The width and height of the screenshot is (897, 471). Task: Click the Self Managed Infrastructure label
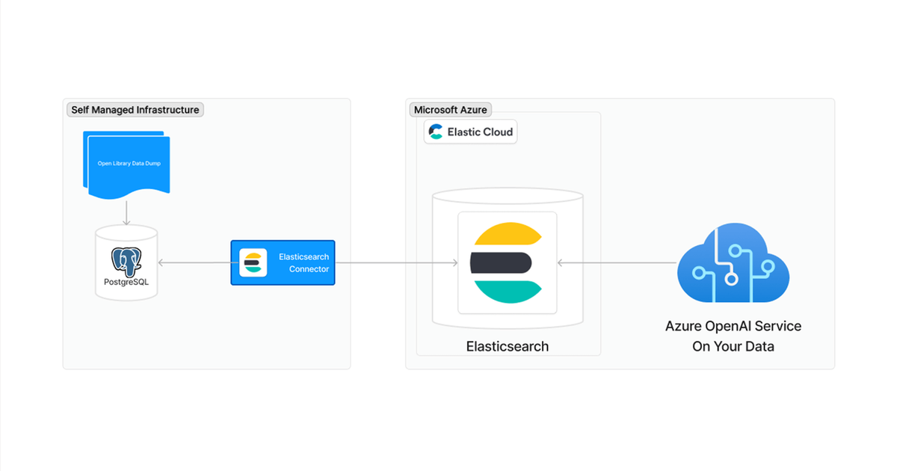point(135,110)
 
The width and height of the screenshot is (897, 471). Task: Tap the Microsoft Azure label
point(451,110)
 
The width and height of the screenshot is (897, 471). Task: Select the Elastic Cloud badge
point(470,132)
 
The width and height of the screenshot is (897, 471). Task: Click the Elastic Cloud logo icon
point(436,132)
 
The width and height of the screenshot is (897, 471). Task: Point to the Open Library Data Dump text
point(129,164)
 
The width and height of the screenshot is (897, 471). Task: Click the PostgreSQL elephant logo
point(126,262)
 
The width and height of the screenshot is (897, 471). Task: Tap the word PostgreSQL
point(126,282)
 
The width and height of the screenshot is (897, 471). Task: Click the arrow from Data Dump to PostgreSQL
point(126,212)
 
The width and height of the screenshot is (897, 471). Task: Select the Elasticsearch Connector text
point(304,262)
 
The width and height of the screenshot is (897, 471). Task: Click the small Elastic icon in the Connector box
point(253,262)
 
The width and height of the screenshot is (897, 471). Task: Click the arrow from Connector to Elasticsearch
point(396,262)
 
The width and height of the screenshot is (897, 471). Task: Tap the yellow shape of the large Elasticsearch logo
point(508,233)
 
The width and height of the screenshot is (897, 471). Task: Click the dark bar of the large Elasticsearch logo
point(501,262)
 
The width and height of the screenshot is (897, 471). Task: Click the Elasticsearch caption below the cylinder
point(508,346)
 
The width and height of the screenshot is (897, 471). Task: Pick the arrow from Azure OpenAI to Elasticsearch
point(617,262)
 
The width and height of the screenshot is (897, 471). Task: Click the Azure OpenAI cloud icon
point(733,262)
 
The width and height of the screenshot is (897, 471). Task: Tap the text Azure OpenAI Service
point(733,327)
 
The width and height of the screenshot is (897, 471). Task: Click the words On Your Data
point(733,346)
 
